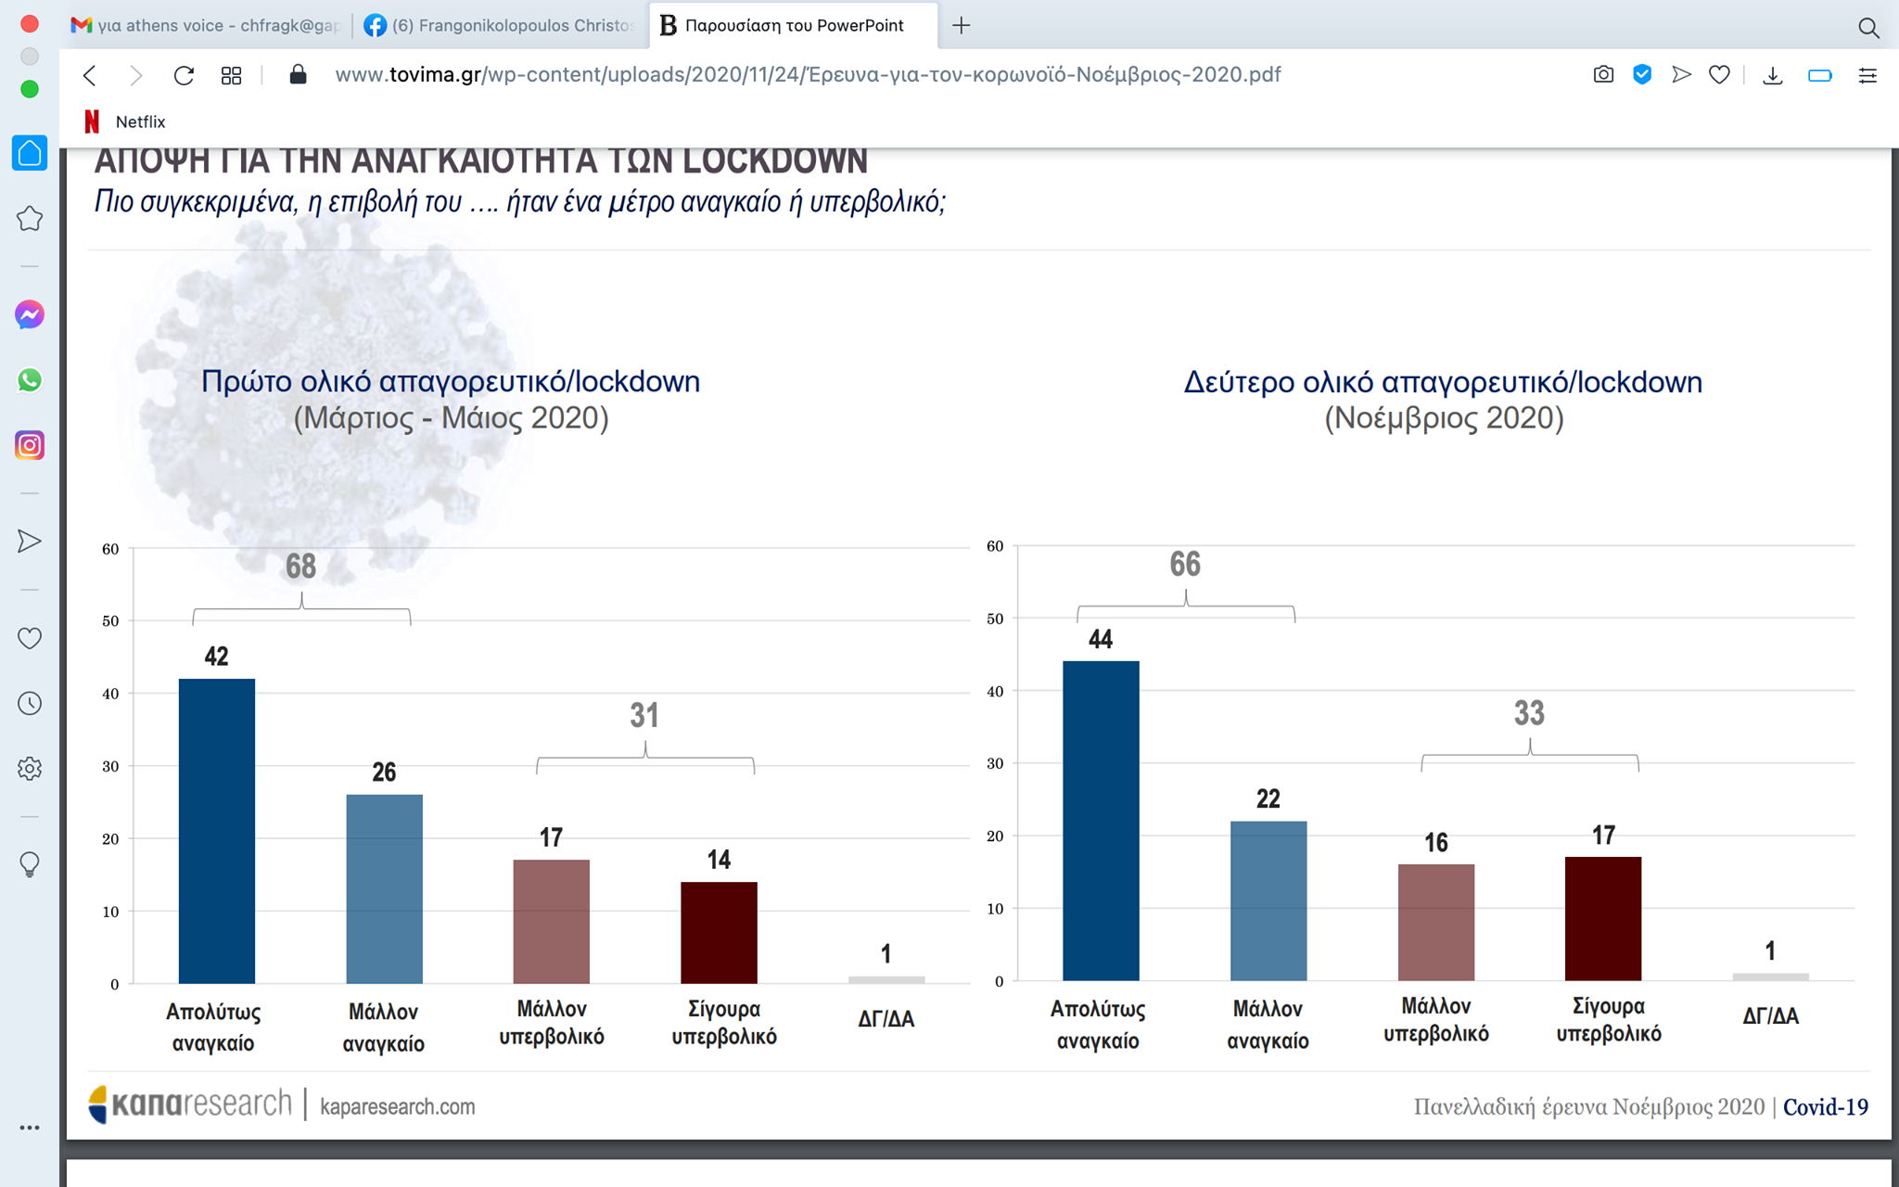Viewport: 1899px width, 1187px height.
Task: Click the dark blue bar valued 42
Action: click(216, 830)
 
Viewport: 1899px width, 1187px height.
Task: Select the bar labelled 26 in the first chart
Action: click(384, 888)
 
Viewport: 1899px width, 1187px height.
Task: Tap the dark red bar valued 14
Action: click(719, 932)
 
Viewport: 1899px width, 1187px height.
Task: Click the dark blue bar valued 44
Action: click(1101, 820)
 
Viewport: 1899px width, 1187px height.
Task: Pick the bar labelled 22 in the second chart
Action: click(1268, 900)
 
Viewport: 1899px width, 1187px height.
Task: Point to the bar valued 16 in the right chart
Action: click(1435, 922)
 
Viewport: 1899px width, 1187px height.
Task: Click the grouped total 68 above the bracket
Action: click(300, 566)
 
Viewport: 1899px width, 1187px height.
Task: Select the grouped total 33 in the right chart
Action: click(1529, 713)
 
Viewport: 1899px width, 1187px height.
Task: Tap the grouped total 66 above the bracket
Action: click(1185, 564)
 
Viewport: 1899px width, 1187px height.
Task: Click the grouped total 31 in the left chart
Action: click(644, 715)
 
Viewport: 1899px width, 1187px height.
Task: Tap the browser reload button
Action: click(184, 75)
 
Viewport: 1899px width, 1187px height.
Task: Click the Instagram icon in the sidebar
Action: click(30, 445)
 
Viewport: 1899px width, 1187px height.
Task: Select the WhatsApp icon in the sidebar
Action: click(30, 380)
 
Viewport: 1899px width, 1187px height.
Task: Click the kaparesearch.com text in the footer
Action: click(397, 1106)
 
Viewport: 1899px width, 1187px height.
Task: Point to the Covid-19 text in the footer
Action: click(1825, 1106)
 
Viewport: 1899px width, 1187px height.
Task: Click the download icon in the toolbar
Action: click(1772, 75)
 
